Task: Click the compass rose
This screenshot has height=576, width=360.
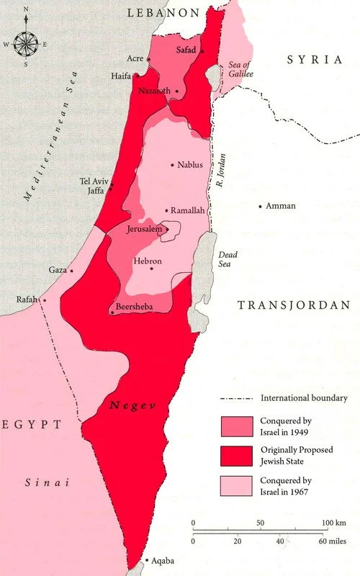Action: click(x=27, y=44)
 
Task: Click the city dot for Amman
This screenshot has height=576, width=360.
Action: click(x=261, y=207)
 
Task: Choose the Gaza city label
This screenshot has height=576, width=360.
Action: click(x=57, y=270)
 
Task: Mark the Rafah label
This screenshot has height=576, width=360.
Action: click(x=27, y=300)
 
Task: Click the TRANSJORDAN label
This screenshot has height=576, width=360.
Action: click(x=293, y=305)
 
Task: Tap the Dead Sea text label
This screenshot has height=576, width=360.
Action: click(x=228, y=259)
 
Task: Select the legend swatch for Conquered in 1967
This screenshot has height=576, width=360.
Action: click(x=236, y=487)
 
